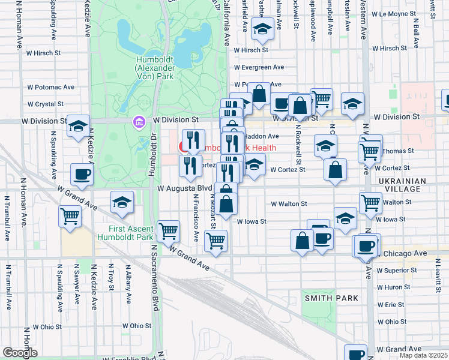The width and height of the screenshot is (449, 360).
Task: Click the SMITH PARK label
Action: point(331,298)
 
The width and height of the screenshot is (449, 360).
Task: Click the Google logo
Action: point(20,353)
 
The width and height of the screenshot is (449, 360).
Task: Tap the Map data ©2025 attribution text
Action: point(423,355)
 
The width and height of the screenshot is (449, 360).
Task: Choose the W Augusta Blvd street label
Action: point(182,188)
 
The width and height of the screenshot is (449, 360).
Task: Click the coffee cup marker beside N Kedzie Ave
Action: point(81,175)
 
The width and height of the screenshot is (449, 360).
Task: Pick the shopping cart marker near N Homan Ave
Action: point(70,215)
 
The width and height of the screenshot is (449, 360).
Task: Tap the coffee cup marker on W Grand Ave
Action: point(356,354)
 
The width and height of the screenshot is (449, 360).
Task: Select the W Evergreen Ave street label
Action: point(259,67)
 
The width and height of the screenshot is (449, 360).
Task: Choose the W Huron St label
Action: point(394,287)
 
